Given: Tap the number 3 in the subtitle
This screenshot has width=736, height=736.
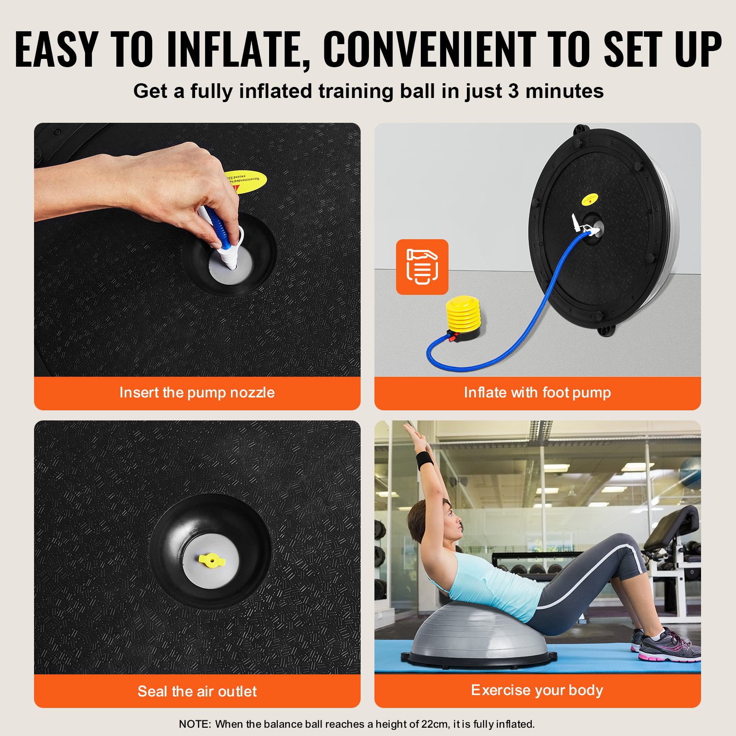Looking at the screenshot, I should click(513, 91).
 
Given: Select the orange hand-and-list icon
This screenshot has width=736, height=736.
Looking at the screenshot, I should click(422, 267).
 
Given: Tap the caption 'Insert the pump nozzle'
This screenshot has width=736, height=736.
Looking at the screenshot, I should click(197, 392).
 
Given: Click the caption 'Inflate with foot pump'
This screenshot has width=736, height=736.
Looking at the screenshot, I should click(537, 392).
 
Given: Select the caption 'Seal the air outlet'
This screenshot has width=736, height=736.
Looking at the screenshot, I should click(197, 691).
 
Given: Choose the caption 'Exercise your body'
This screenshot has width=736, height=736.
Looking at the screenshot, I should click(537, 690).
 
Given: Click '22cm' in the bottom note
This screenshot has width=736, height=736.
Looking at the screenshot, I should click(435, 724).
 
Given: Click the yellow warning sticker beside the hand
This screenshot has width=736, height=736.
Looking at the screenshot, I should click(249, 181).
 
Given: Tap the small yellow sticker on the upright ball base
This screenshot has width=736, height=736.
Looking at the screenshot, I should click(590, 199).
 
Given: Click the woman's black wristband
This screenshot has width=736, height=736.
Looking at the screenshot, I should click(425, 459).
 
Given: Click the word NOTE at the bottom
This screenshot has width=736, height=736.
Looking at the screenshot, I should click(195, 724).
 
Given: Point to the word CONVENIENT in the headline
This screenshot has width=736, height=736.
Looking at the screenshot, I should click(430, 50).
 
